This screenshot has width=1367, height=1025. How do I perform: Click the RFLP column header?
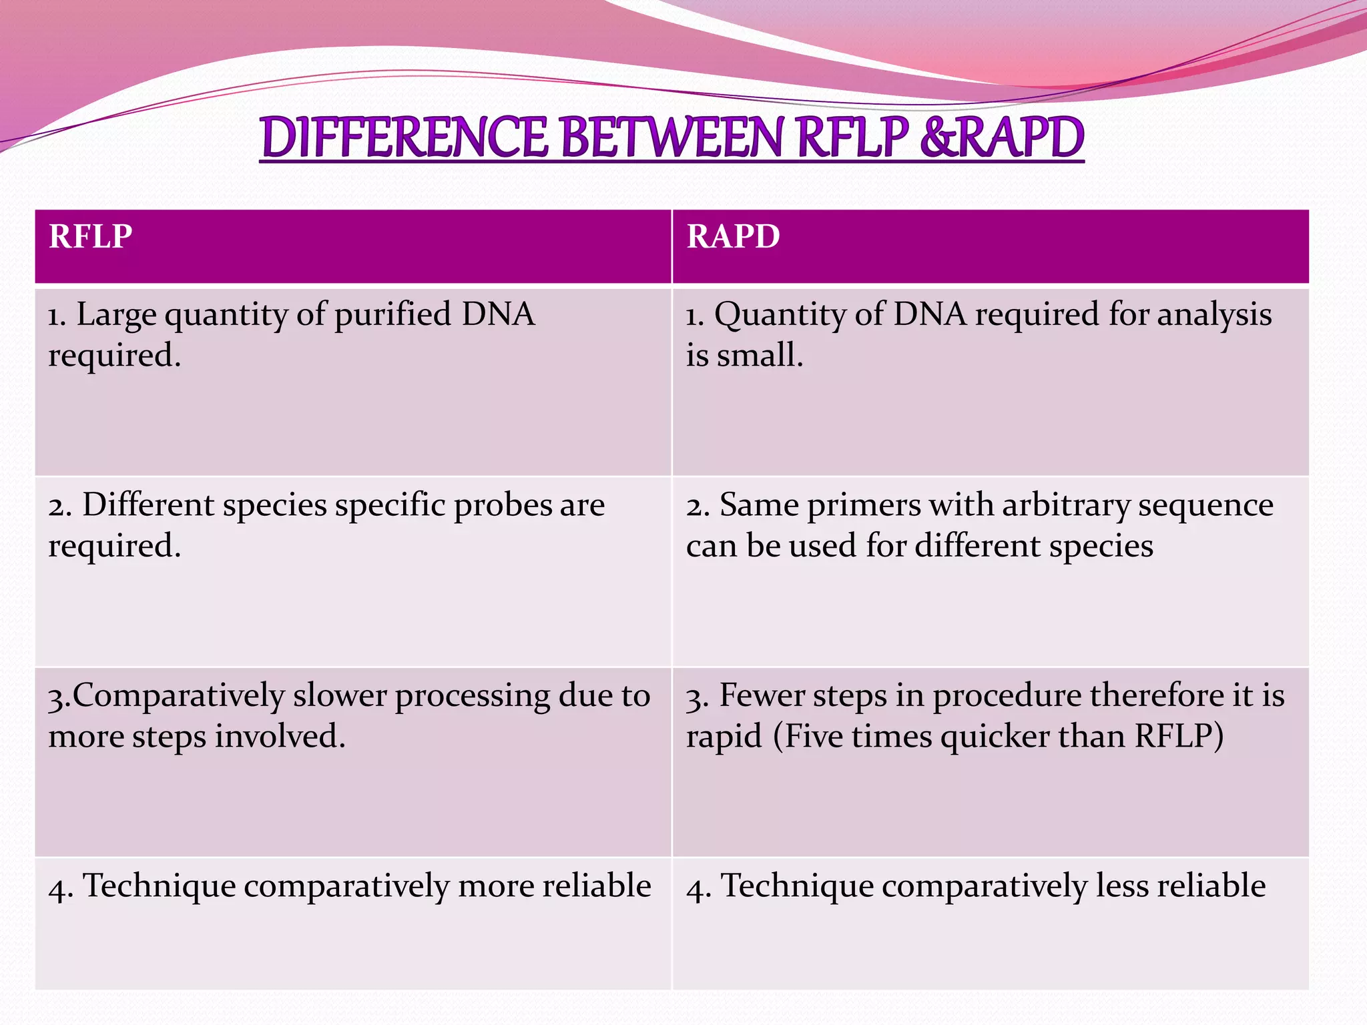point(91,236)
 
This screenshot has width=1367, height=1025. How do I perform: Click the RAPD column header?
point(733,236)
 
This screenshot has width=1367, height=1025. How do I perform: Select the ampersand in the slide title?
point(938,137)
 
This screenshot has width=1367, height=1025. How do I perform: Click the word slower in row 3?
point(340,695)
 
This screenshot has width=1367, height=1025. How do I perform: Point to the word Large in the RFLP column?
point(116,315)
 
